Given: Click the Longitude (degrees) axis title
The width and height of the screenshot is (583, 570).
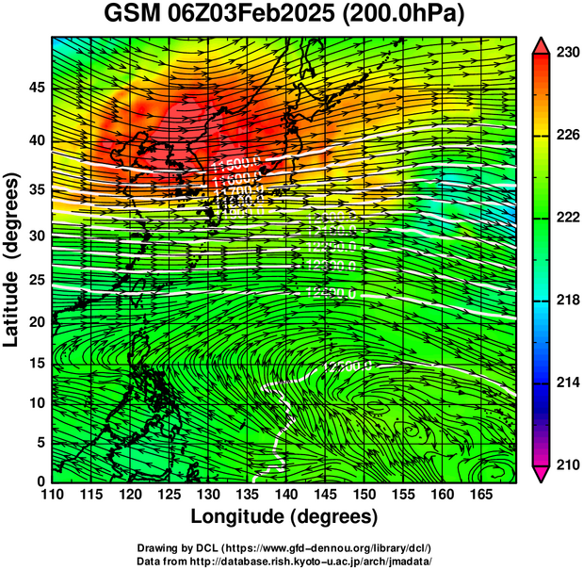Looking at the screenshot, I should point(284,516).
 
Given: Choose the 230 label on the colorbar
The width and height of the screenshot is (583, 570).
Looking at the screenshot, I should point(566,54).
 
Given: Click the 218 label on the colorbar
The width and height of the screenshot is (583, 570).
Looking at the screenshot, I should point(566,300).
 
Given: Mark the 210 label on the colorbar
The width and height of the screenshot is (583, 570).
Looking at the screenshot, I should point(566,464).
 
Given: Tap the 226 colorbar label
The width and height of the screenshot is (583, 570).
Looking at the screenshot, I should point(566,136).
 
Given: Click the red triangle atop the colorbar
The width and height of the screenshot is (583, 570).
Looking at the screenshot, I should point(542,43).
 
